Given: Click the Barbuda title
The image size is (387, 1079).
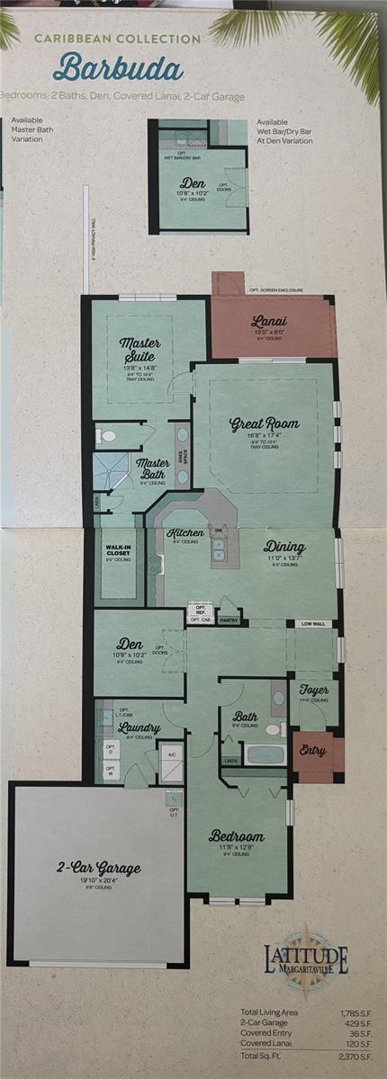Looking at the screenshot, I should [x=118, y=69].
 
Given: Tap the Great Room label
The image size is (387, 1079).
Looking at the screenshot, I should [x=264, y=424].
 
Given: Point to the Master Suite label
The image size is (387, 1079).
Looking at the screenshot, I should [x=139, y=349].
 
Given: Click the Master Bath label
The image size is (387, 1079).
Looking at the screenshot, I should [x=153, y=469].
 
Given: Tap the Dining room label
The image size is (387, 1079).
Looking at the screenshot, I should [x=284, y=547].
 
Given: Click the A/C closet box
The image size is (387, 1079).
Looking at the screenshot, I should [x=170, y=754].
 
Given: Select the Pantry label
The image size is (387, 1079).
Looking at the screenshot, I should [x=229, y=620].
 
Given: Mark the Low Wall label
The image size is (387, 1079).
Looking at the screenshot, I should [x=313, y=622].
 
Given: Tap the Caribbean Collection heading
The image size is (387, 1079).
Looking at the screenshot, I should [x=117, y=40].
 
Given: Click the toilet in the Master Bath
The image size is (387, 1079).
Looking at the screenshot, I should [x=108, y=436].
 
